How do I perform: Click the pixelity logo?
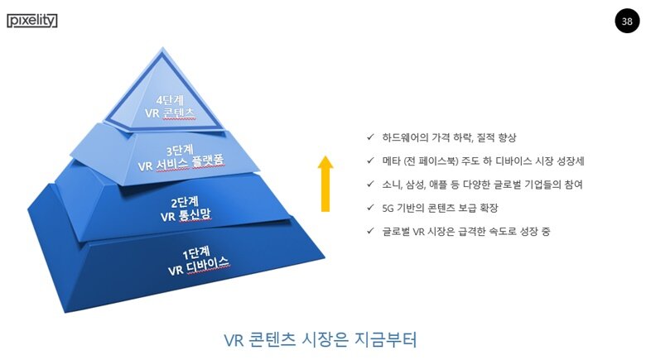(x=32, y=21)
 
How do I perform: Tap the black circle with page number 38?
(x=627, y=21)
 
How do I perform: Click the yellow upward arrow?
(x=325, y=184)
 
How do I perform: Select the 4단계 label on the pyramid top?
(x=170, y=100)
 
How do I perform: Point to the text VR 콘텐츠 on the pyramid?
(x=169, y=113)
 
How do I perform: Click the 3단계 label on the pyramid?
(x=180, y=150)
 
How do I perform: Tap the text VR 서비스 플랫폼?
(x=181, y=163)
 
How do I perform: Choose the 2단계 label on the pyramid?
(x=185, y=202)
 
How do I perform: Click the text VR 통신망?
(x=186, y=215)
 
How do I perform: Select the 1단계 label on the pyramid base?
(x=196, y=252)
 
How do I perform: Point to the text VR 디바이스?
(x=198, y=266)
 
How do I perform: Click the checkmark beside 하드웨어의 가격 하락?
(x=370, y=137)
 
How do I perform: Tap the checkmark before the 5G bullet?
(x=370, y=208)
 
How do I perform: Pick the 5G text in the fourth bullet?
(x=388, y=208)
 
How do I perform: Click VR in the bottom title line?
(x=234, y=341)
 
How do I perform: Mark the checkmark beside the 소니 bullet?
(x=370, y=184)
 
